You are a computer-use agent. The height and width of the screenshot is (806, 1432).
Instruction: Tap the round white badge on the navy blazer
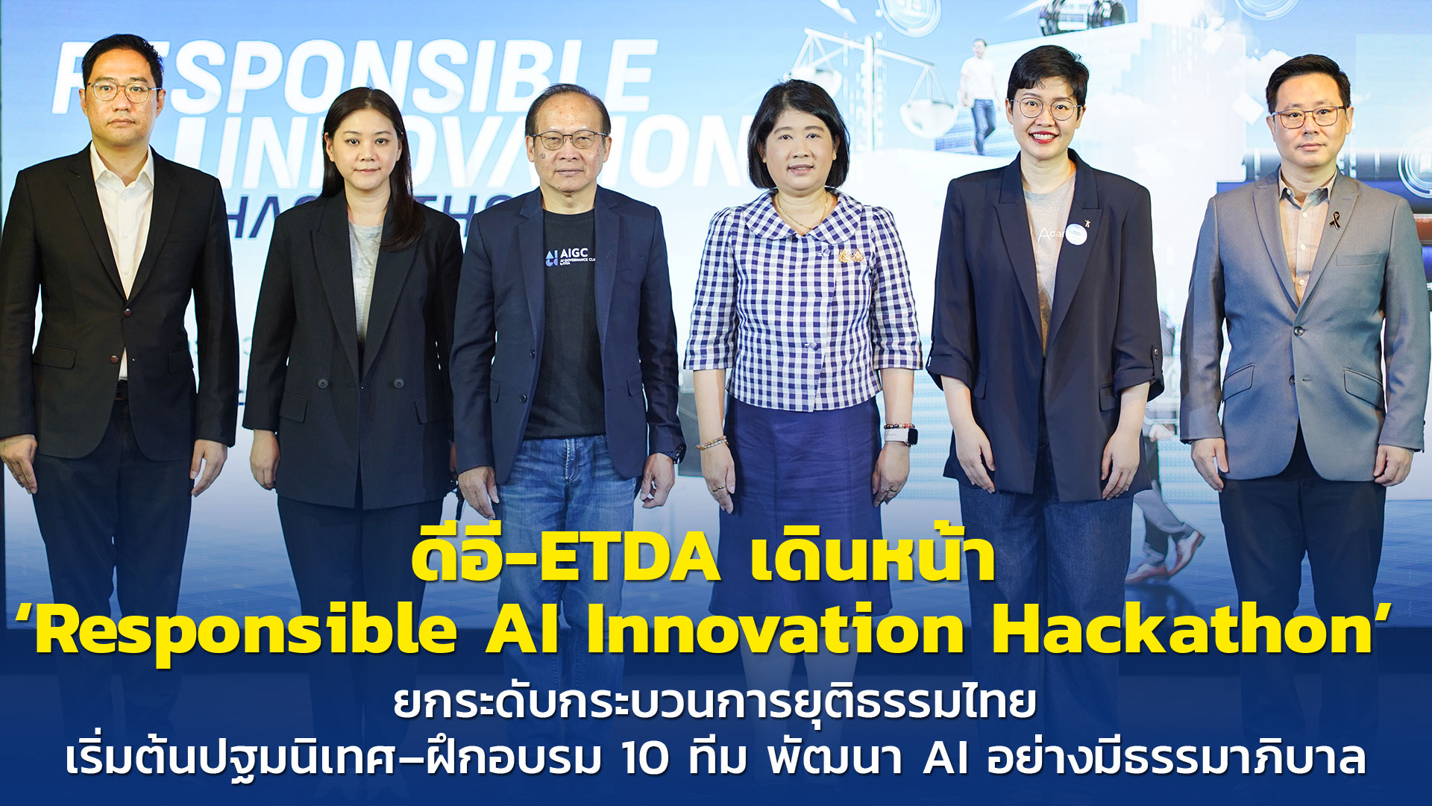point(1075,234)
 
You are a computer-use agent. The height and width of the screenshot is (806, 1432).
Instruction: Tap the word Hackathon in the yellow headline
point(1182,631)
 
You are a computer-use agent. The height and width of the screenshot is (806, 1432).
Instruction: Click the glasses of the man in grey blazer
point(1309,117)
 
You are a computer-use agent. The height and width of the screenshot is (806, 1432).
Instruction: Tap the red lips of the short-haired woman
point(1043,137)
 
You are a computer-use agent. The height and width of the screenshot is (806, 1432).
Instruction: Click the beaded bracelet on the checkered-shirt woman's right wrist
point(712,443)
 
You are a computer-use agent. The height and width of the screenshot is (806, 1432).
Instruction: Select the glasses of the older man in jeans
point(569,140)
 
